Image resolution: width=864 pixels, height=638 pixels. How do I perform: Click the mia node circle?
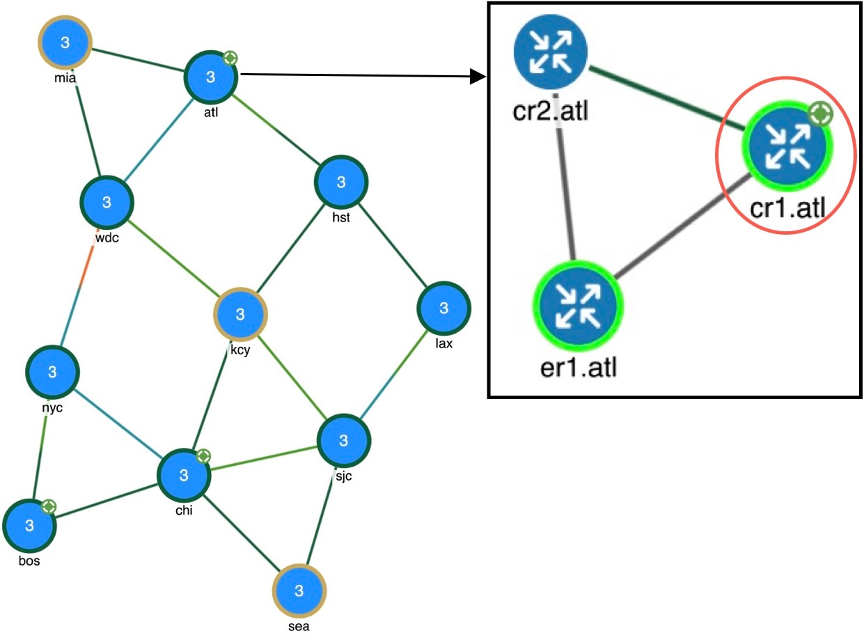[x=65, y=42]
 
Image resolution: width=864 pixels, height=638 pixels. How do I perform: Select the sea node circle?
[x=299, y=591]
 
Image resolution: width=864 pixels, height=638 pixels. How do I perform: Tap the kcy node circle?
[x=240, y=314]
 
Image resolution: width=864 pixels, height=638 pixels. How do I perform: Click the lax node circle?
[x=443, y=309]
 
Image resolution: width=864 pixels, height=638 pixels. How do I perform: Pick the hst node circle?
[x=341, y=182]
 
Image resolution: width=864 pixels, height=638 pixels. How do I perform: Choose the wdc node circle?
[x=107, y=202]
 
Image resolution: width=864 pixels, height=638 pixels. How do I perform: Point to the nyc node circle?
[x=52, y=372]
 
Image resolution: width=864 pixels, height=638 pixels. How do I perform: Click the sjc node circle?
[x=343, y=440]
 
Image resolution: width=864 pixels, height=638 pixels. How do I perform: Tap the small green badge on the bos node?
[x=49, y=507]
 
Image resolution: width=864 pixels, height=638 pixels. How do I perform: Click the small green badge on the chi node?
[x=203, y=456]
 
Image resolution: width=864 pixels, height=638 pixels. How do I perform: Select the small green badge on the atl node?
[x=230, y=59]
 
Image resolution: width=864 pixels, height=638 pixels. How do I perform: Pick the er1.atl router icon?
[x=578, y=305]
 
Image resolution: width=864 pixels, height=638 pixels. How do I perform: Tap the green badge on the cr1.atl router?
[x=821, y=114]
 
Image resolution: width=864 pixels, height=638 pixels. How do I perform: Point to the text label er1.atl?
[x=579, y=367]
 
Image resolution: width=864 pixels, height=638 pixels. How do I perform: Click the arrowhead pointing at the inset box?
[x=478, y=77]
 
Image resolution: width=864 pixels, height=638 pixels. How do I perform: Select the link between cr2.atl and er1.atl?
[x=565, y=178]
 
